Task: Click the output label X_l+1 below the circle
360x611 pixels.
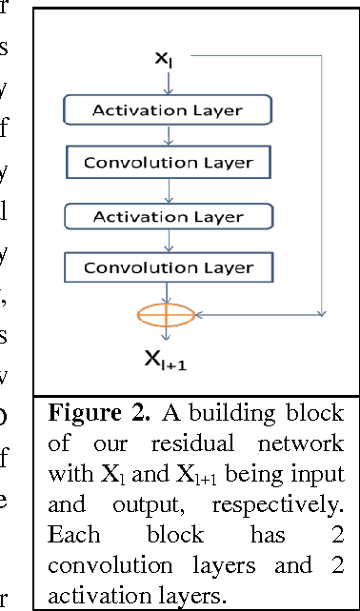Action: pos(168,357)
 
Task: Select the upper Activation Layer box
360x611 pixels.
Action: pos(167,110)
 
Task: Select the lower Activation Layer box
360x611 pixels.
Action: pos(167,216)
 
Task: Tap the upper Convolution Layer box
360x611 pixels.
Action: pos(168,163)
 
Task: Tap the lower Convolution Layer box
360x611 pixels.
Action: pos(168,267)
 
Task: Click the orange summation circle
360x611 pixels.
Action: pos(168,313)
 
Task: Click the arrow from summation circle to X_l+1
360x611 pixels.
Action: pos(168,333)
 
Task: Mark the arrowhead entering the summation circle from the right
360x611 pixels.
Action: pos(200,313)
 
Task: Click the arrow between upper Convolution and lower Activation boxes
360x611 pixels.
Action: pos(168,189)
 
